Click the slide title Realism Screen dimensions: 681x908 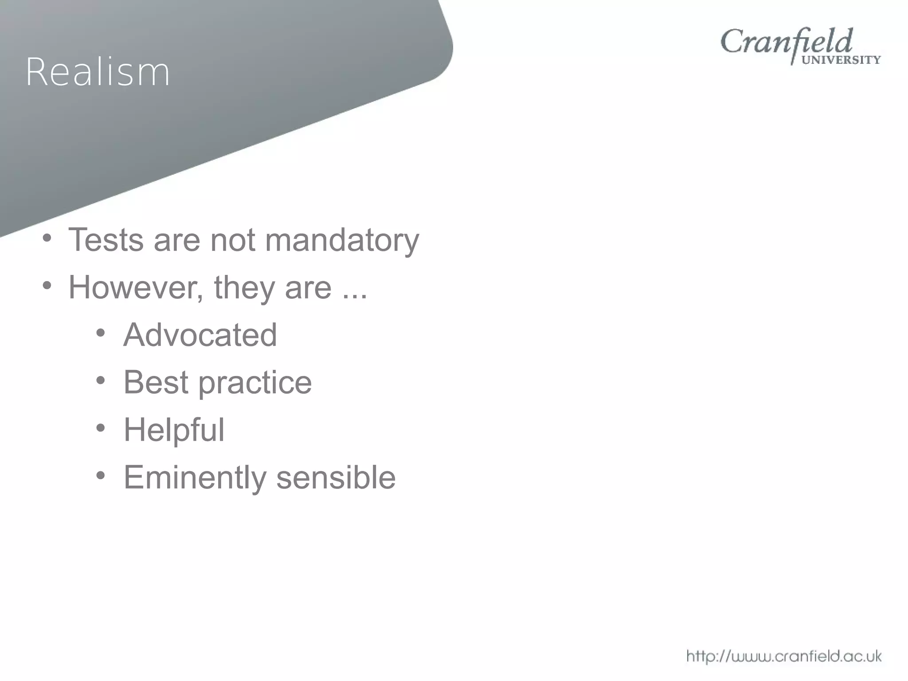pyautogui.click(x=98, y=72)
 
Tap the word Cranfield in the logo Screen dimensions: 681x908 pyautogui.click(x=786, y=42)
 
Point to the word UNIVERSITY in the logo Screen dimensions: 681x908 pyautogui.click(x=841, y=60)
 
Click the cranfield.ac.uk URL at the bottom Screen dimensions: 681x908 pyautogui.click(x=783, y=656)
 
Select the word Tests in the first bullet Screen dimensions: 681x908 pyautogui.click(x=106, y=240)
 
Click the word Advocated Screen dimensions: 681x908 pyautogui.click(x=200, y=335)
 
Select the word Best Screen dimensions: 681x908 pyautogui.click(x=156, y=382)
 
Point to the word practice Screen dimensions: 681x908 pyautogui.click(x=255, y=383)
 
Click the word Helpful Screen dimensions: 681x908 pyautogui.click(x=174, y=430)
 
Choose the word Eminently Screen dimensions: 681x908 pyautogui.click(x=195, y=478)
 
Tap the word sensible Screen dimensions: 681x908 pyautogui.click(x=336, y=477)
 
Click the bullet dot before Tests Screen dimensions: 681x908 pyautogui.click(x=47, y=238)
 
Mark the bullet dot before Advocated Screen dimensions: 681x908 pyautogui.click(x=101, y=333)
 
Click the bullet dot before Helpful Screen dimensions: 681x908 pyautogui.click(x=101, y=428)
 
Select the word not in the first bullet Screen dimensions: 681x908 pyautogui.click(x=232, y=240)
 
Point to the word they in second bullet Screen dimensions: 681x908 pyautogui.click(x=244, y=288)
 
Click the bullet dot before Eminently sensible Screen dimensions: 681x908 pyautogui.click(x=101, y=476)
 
